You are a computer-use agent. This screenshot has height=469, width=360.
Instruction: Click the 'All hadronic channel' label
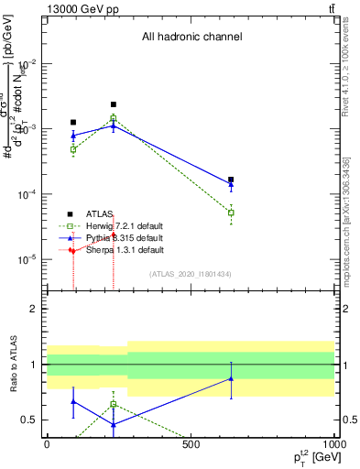click(x=191, y=38)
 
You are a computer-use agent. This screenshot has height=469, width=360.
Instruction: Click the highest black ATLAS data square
click(x=114, y=104)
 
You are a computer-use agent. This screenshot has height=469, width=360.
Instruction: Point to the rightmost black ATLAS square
click(x=231, y=180)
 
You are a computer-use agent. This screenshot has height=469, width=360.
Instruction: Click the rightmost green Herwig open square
click(x=231, y=213)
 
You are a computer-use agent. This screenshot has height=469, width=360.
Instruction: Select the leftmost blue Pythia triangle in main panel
click(x=73, y=136)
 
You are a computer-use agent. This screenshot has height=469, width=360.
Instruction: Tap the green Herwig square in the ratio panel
click(x=114, y=404)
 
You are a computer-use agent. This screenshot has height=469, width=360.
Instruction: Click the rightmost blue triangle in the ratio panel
click(x=231, y=378)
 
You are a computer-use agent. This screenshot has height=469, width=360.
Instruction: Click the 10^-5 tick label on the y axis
click(x=27, y=259)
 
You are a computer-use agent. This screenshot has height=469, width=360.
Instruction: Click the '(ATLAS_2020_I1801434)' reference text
click(x=191, y=274)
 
